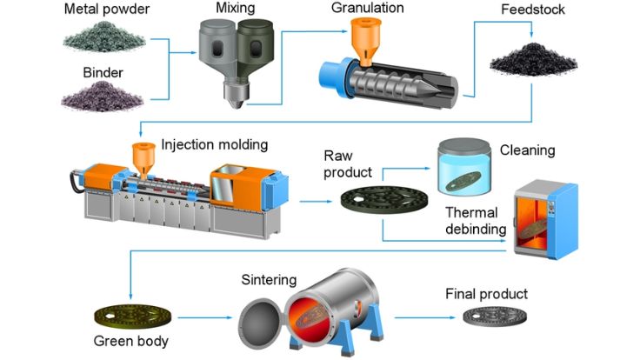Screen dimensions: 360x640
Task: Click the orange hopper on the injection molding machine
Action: tap(138, 157)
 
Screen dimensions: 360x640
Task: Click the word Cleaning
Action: tap(526, 150)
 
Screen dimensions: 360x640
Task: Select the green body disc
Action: tap(131, 313)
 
